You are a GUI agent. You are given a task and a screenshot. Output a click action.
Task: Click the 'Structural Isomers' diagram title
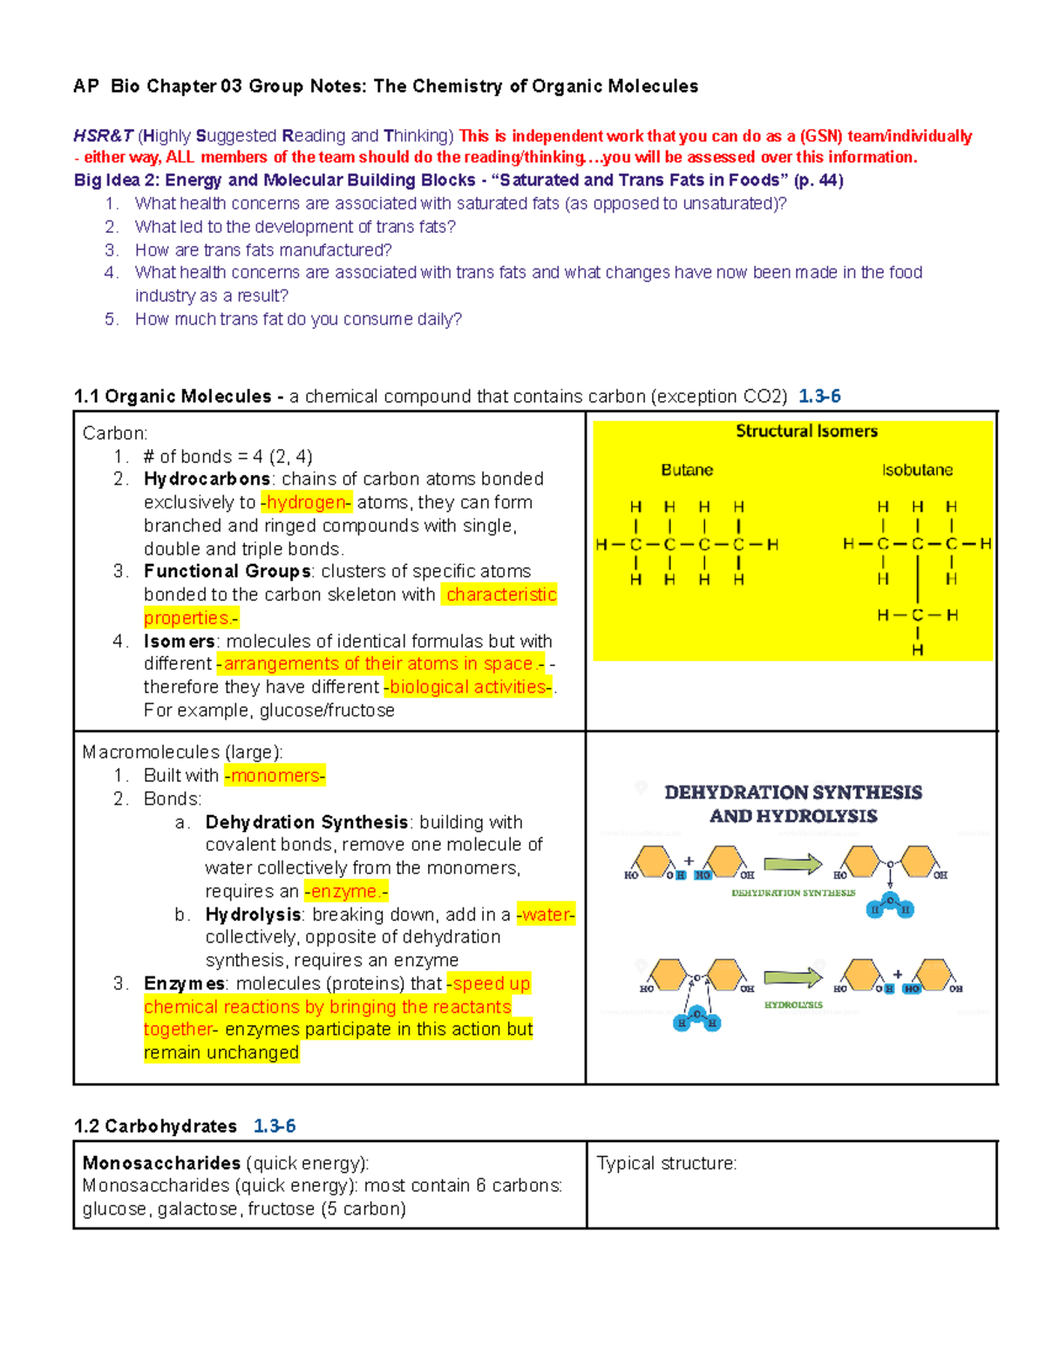[x=806, y=431]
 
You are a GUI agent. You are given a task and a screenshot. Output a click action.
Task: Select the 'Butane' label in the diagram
[x=687, y=470]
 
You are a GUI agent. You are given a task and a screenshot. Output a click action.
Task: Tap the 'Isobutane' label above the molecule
[x=917, y=470]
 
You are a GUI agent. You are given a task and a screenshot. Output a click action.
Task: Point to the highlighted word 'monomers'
[x=275, y=775]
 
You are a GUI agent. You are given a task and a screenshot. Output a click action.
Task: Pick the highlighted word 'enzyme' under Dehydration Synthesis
[x=345, y=891]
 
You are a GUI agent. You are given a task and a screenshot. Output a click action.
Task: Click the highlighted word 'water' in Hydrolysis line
[x=546, y=915]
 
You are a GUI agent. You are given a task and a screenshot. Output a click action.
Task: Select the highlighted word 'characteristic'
[x=500, y=595]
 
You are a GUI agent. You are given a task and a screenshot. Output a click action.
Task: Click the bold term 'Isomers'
[x=179, y=641]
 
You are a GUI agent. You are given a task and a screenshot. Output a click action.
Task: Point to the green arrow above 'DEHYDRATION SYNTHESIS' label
[x=792, y=864]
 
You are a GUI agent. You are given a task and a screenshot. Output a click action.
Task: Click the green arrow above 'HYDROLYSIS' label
[x=792, y=977]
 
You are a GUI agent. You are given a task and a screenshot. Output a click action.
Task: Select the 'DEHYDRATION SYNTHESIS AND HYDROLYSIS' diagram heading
[x=793, y=804]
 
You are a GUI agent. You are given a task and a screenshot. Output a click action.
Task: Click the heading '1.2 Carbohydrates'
[x=155, y=1126]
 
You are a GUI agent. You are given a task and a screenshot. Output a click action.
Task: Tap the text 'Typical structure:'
[x=666, y=1163]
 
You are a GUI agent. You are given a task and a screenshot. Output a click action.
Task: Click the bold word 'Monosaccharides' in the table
[x=161, y=1163]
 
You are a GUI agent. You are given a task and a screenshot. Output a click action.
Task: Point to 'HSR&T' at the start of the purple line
[x=103, y=136]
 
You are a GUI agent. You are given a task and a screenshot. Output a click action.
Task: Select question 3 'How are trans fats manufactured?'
[x=263, y=249]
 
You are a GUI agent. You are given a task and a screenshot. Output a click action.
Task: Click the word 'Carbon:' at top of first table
[x=115, y=433]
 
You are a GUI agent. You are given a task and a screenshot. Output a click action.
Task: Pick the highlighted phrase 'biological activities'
[x=468, y=687]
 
